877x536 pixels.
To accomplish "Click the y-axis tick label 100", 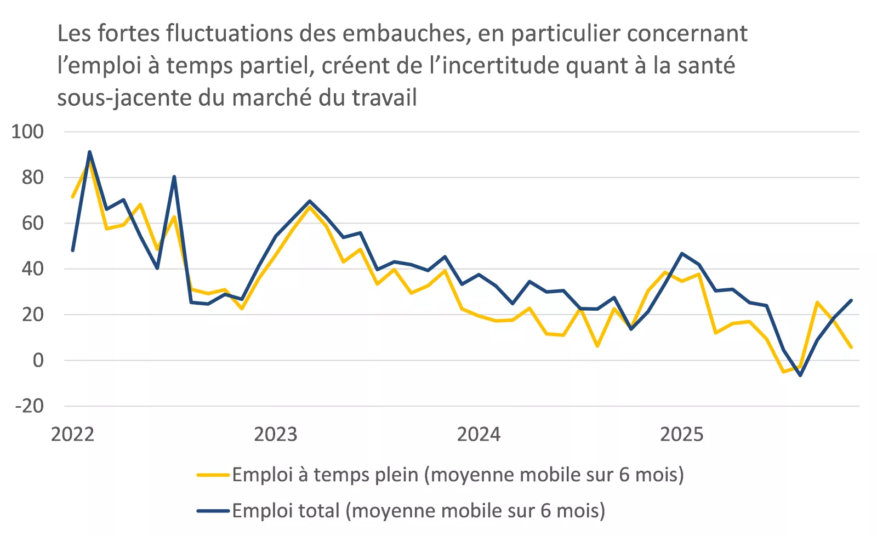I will (27, 132).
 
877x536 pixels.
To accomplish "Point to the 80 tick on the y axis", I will (32, 178).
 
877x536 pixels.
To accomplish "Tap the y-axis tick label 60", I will (32, 223).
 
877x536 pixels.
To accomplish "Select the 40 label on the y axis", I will (32, 269).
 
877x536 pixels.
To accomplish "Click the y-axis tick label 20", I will (32, 315).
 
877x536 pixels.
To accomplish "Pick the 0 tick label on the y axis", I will (38, 360).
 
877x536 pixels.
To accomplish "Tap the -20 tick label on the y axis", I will (29, 406).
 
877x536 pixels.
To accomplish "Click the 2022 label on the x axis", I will (72, 435).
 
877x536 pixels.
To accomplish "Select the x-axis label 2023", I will (275, 435).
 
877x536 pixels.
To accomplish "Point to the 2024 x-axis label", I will (479, 435).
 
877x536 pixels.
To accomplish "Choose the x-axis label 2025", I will (681, 435).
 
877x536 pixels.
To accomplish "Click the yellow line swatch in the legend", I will (213, 475).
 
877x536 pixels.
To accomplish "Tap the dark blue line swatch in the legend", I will (213, 511).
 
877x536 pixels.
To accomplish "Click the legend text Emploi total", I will (286, 511).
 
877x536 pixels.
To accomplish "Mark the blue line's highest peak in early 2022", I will (89, 152).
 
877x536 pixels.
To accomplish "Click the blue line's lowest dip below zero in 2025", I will (800, 375).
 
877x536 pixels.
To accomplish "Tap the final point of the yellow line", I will (851, 347).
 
